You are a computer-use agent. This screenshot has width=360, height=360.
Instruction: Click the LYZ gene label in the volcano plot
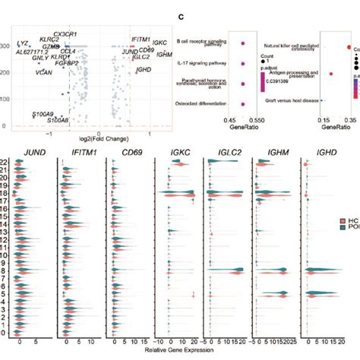pos(24,43)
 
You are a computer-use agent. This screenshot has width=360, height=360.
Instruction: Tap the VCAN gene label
pos(44,74)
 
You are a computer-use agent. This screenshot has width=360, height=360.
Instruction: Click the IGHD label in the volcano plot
pos(143,70)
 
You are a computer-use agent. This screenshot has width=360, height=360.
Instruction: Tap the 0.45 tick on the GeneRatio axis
pos(226,121)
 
